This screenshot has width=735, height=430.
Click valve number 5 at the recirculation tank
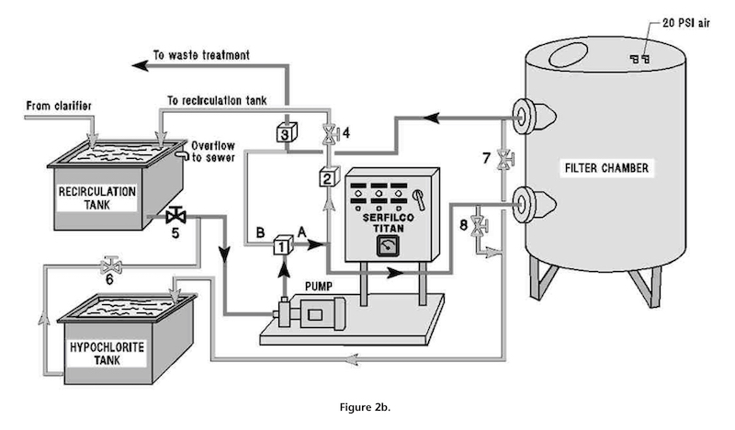pyautogui.click(x=175, y=216)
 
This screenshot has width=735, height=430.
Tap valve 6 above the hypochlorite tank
pyautogui.click(x=111, y=266)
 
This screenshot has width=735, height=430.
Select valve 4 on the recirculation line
pyautogui.click(x=330, y=133)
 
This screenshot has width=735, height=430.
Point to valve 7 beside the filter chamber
pyautogui.click(x=504, y=159)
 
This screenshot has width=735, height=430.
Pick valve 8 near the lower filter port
pyautogui.click(x=479, y=225)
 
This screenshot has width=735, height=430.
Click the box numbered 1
pyautogui.click(x=283, y=244)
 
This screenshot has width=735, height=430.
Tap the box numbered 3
pyautogui.click(x=287, y=132)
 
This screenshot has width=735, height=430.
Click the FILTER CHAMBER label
pyautogui.click(x=606, y=168)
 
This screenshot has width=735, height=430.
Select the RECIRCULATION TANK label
pyautogui.click(x=97, y=198)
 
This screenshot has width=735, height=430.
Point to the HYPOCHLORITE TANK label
pyautogui.click(x=107, y=354)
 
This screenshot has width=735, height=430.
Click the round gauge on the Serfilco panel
pyautogui.click(x=388, y=246)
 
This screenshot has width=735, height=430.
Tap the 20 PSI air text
pyautogui.click(x=686, y=22)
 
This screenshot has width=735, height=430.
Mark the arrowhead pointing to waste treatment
pyautogui.click(x=141, y=65)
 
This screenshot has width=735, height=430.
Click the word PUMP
pyautogui.click(x=319, y=286)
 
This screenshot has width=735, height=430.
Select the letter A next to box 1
pyautogui.click(x=302, y=232)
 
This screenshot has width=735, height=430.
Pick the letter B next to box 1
pyautogui.click(x=260, y=232)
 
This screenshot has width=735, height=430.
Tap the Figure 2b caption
pyautogui.click(x=365, y=407)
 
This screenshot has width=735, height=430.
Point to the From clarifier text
pyautogui.click(x=59, y=106)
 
